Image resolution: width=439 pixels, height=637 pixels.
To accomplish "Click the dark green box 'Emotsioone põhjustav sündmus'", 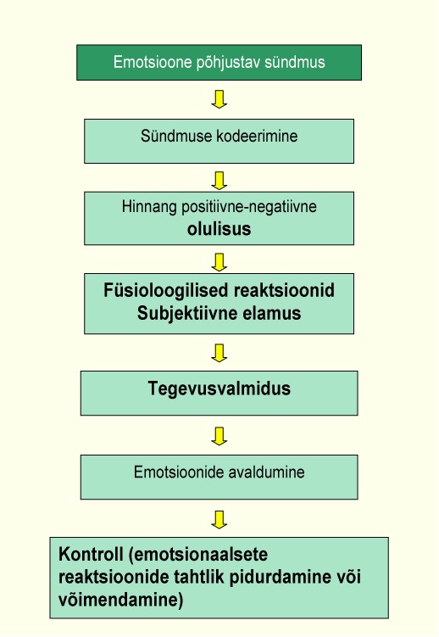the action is click(x=219, y=63).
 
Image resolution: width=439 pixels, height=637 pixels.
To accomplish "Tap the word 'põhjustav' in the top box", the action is click(x=229, y=63).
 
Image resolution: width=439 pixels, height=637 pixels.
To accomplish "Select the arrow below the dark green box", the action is click(x=219, y=99).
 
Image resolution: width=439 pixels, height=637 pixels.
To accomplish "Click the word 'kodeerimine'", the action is click(x=258, y=136).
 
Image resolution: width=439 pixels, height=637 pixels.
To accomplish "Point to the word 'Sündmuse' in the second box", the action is click(x=177, y=136).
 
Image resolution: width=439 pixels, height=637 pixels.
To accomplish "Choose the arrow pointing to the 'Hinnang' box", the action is click(x=219, y=181).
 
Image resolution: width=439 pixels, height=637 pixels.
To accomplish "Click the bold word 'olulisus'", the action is click(x=219, y=229).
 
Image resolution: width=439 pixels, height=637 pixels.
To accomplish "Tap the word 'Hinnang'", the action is click(x=149, y=207).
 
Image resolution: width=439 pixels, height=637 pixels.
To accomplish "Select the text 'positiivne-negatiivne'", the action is click(x=248, y=207).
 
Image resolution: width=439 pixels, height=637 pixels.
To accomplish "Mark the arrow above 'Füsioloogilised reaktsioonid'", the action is click(x=219, y=262).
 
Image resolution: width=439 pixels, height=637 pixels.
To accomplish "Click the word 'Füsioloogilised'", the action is click(x=166, y=291).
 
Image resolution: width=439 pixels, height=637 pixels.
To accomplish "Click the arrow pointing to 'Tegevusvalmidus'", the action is click(x=219, y=353).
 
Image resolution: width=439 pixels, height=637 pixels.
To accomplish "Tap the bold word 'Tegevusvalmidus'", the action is click(x=219, y=388).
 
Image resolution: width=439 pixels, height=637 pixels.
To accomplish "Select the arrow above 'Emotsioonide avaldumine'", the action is click(x=219, y=436).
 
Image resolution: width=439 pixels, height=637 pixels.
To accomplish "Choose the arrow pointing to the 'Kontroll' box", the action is click(x=219, y=520).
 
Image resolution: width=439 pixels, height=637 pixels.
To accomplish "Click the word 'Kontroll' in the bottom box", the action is click(x=91, y=555).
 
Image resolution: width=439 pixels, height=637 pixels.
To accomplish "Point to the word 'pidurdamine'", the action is click(x=280, y=577).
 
